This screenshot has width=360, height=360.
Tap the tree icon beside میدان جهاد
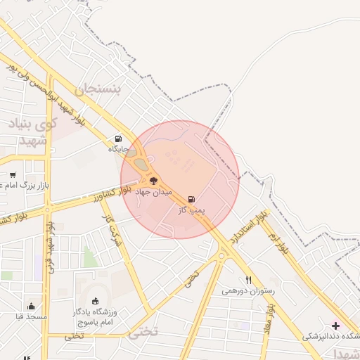(154, 180)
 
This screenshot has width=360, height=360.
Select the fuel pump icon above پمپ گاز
(191, 199)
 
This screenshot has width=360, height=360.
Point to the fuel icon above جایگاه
(117, 139)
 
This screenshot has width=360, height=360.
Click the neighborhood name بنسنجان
(98, 89)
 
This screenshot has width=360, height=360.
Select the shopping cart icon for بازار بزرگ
(13, 174)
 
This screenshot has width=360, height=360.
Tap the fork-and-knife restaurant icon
(248, 280)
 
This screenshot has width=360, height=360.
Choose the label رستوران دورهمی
(248, 290)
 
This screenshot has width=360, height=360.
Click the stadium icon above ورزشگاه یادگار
(96, 300)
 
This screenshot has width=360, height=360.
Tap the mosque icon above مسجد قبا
(31, 306)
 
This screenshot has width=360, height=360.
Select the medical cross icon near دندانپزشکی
(335, 326)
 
